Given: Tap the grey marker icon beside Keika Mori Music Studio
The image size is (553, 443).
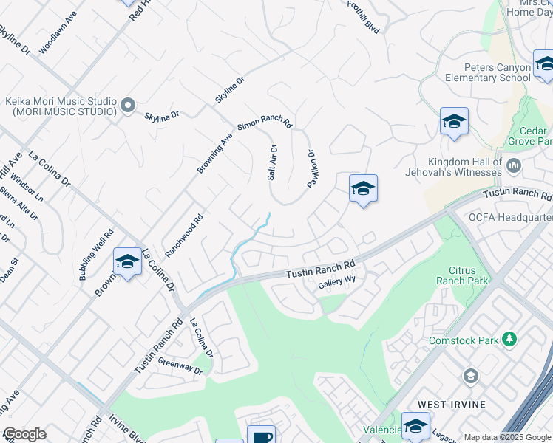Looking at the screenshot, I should coord(128,106).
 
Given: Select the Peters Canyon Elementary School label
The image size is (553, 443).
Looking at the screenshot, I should coord(488,72).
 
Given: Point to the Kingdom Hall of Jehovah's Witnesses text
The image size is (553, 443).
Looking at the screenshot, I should coord(464,167).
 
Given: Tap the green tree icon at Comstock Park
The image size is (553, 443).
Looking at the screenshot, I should coord(509,339).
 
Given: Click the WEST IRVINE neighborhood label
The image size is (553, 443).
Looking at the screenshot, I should coord(452,405).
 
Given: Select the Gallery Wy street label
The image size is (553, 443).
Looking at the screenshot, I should coord(337,283).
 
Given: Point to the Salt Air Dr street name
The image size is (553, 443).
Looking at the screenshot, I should coord(272,162).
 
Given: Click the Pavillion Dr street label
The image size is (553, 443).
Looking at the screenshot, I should coord(311,168).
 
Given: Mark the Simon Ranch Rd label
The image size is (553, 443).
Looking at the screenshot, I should coord(264,126).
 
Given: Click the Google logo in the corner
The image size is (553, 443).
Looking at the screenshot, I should coord(24,435).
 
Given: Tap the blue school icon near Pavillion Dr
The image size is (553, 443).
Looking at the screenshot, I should coord(363,189).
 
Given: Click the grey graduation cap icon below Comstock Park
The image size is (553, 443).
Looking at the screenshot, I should coord(471,377).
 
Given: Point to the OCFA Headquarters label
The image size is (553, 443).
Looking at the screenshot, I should coord(511,217).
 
